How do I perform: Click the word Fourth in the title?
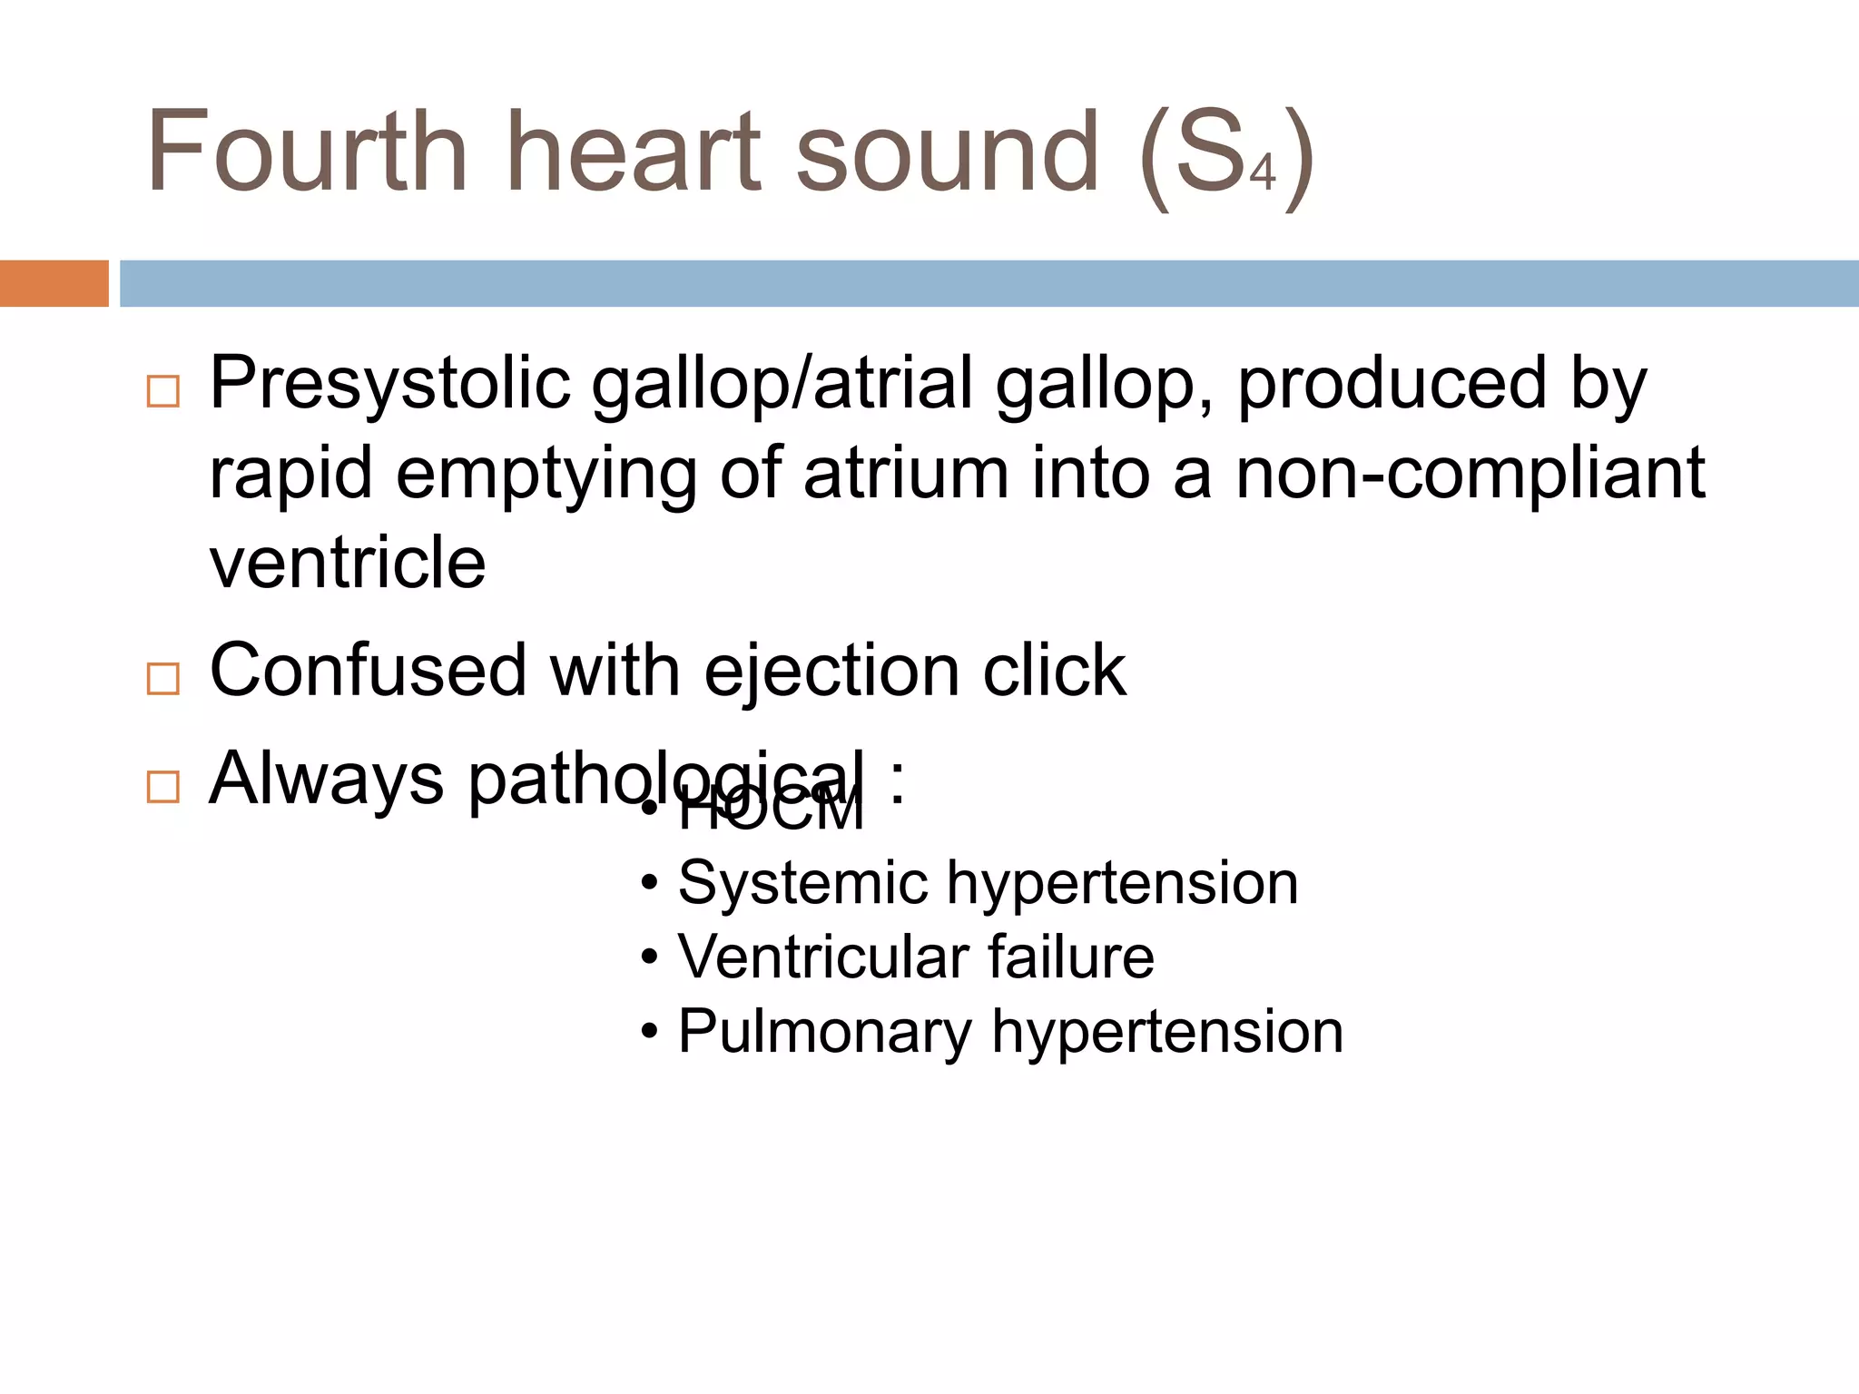[x=307, y=152]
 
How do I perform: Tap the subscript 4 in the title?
[x=1263, y=172]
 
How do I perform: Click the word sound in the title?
[x=948, y=152]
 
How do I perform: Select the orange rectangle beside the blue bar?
[x=54, y=283]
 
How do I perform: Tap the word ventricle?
[x=348, y=563]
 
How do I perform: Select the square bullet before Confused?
[x=163, y=678]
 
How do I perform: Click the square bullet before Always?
[x=163, y=786]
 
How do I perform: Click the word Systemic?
[x=803, y=883]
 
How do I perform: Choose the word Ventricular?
[x=823, y=957]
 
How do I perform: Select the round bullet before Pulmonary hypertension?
[x=649, y=1033]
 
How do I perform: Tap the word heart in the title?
[x=633, y=152]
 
